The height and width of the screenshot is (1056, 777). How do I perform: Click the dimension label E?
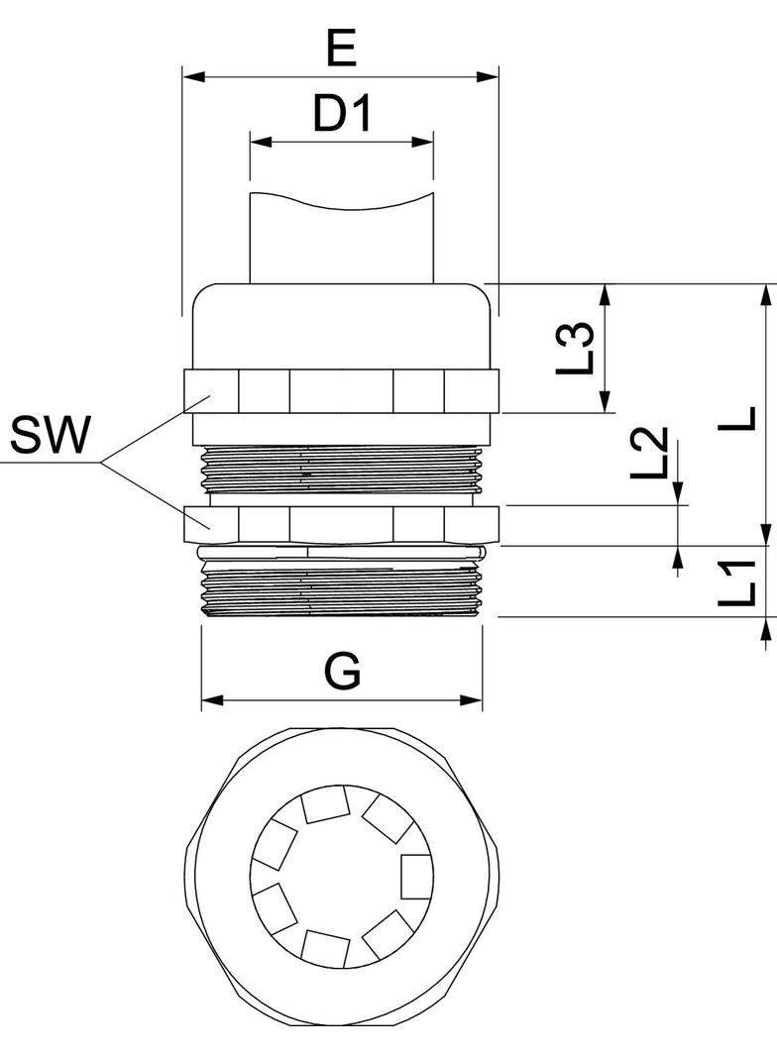tap(341, 47)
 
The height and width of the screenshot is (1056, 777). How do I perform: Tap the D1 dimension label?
tap(342, 113)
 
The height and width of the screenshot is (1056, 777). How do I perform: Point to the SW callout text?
tap(50, 435)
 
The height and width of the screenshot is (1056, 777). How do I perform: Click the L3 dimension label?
tap(575, 349)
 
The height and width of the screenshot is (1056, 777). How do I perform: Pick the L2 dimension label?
tap(649, 453)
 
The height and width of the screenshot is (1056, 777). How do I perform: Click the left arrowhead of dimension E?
tap(193, 75)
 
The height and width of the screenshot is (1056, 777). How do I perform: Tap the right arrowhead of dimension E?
tap(488, 75)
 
